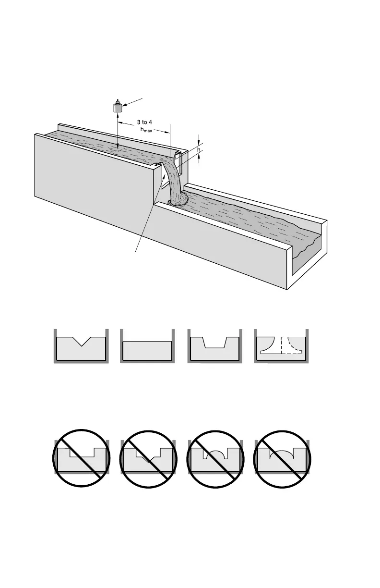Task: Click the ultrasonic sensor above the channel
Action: [117, 107]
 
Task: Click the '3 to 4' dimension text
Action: [142, 122]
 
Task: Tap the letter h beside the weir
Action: [199, 149]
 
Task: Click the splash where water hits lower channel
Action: [178, 201]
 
